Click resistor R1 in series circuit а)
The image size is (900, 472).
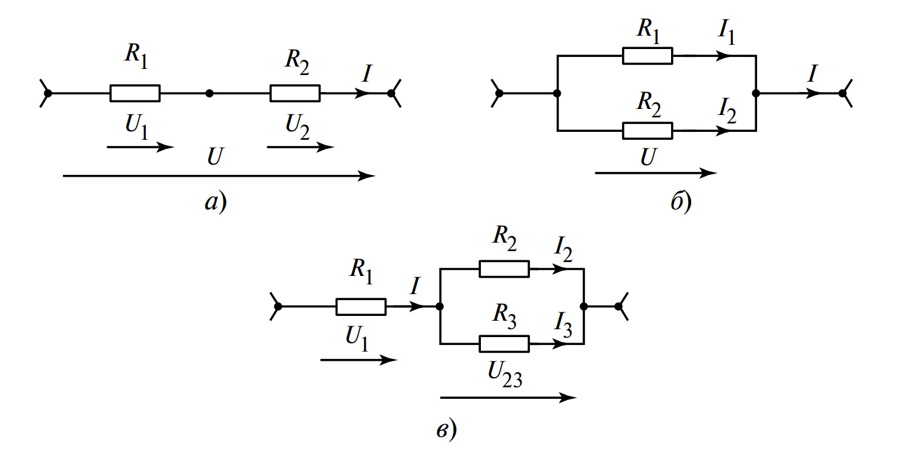(134, 93)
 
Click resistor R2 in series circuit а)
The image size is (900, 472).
(295, 93)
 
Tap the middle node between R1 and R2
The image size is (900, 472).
(209, 93)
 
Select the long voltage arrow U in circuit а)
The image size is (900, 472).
(218, 176)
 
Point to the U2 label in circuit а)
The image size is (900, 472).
(298, 127)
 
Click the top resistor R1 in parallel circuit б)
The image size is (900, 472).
(647, 56)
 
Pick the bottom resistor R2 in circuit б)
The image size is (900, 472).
(647, 130)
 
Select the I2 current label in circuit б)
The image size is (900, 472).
(727, 109)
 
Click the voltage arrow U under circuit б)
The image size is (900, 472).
(656, 173)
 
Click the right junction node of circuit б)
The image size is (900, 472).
(756, 93)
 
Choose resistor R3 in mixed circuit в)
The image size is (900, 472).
(504, 344)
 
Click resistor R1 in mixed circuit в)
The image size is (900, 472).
(361, 307)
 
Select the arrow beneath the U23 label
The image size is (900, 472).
(508, 398)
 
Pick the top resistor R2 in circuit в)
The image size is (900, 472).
(504, 269)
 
